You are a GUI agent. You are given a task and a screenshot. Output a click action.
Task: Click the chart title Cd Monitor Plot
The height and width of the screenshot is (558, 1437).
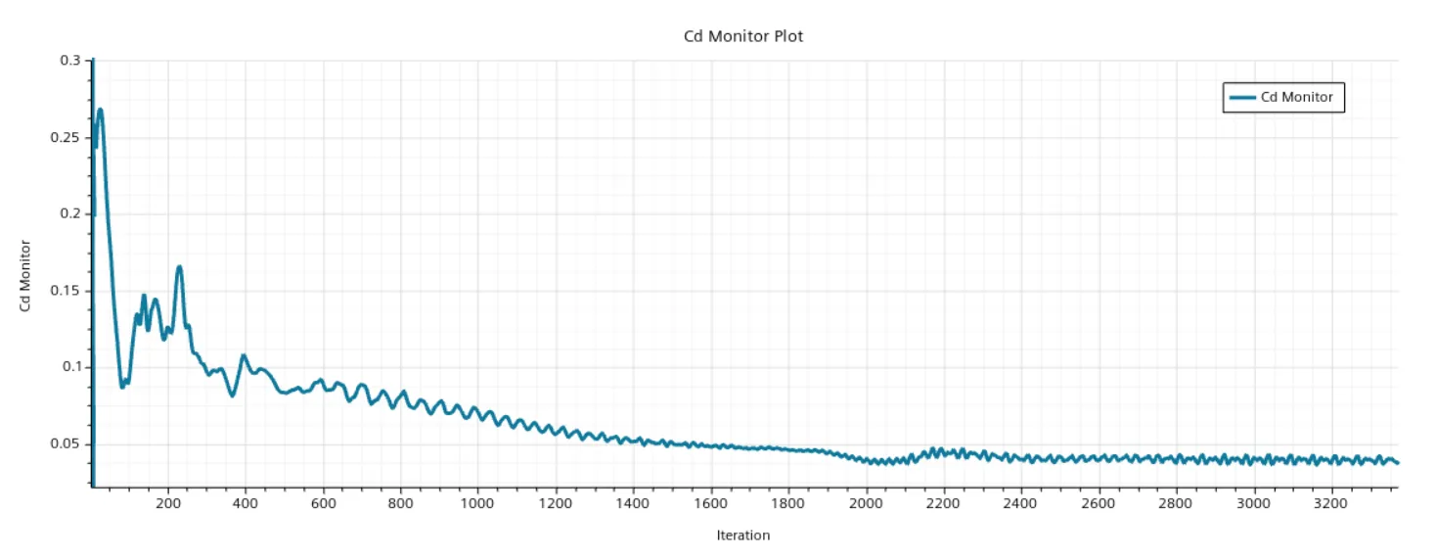[742, 36]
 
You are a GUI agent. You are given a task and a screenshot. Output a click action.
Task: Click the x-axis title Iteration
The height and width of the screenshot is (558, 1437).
[742, 535]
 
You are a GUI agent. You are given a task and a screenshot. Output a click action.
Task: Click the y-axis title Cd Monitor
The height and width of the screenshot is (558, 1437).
[25, 275]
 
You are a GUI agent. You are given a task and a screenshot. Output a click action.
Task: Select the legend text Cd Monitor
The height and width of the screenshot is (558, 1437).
[1296, 97]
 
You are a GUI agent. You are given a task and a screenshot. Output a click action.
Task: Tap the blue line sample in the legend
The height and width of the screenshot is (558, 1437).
[1242, 98]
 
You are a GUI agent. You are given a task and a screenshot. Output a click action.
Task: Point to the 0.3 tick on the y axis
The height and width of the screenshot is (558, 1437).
[70, 61]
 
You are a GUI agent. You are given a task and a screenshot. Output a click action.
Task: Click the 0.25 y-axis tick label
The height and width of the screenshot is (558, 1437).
[66, 137]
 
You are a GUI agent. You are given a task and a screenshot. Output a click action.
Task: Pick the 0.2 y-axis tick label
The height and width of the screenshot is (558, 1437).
[70, 213]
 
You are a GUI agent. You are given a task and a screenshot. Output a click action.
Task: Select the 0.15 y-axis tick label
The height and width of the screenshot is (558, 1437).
[66, 290]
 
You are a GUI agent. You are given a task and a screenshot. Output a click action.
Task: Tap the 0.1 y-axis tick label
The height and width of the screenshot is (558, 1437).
[71, 367]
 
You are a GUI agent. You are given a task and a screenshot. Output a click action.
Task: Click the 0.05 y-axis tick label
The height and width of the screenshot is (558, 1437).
[66, 443]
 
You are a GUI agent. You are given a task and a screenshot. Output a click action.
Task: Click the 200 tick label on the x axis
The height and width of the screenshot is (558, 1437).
[168, 503]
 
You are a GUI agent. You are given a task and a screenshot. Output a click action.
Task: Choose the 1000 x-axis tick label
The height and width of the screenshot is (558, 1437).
[477, 503]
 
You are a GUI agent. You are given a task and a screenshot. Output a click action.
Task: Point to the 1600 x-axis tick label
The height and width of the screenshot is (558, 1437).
[710, 503]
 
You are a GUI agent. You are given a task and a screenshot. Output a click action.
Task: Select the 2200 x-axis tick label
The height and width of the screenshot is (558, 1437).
[942, 503]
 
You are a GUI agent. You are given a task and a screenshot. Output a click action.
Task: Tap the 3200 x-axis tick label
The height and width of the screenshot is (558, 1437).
[1329, 503]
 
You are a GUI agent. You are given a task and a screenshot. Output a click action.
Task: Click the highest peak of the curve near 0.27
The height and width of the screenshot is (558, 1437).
[100, 111]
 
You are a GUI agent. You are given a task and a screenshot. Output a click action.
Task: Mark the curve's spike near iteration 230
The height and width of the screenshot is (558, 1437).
[179, 267]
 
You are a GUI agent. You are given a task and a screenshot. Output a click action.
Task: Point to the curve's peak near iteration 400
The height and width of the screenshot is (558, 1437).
[244, 355]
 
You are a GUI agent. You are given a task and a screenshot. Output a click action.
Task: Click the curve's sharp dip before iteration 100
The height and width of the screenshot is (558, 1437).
[122, 386]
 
